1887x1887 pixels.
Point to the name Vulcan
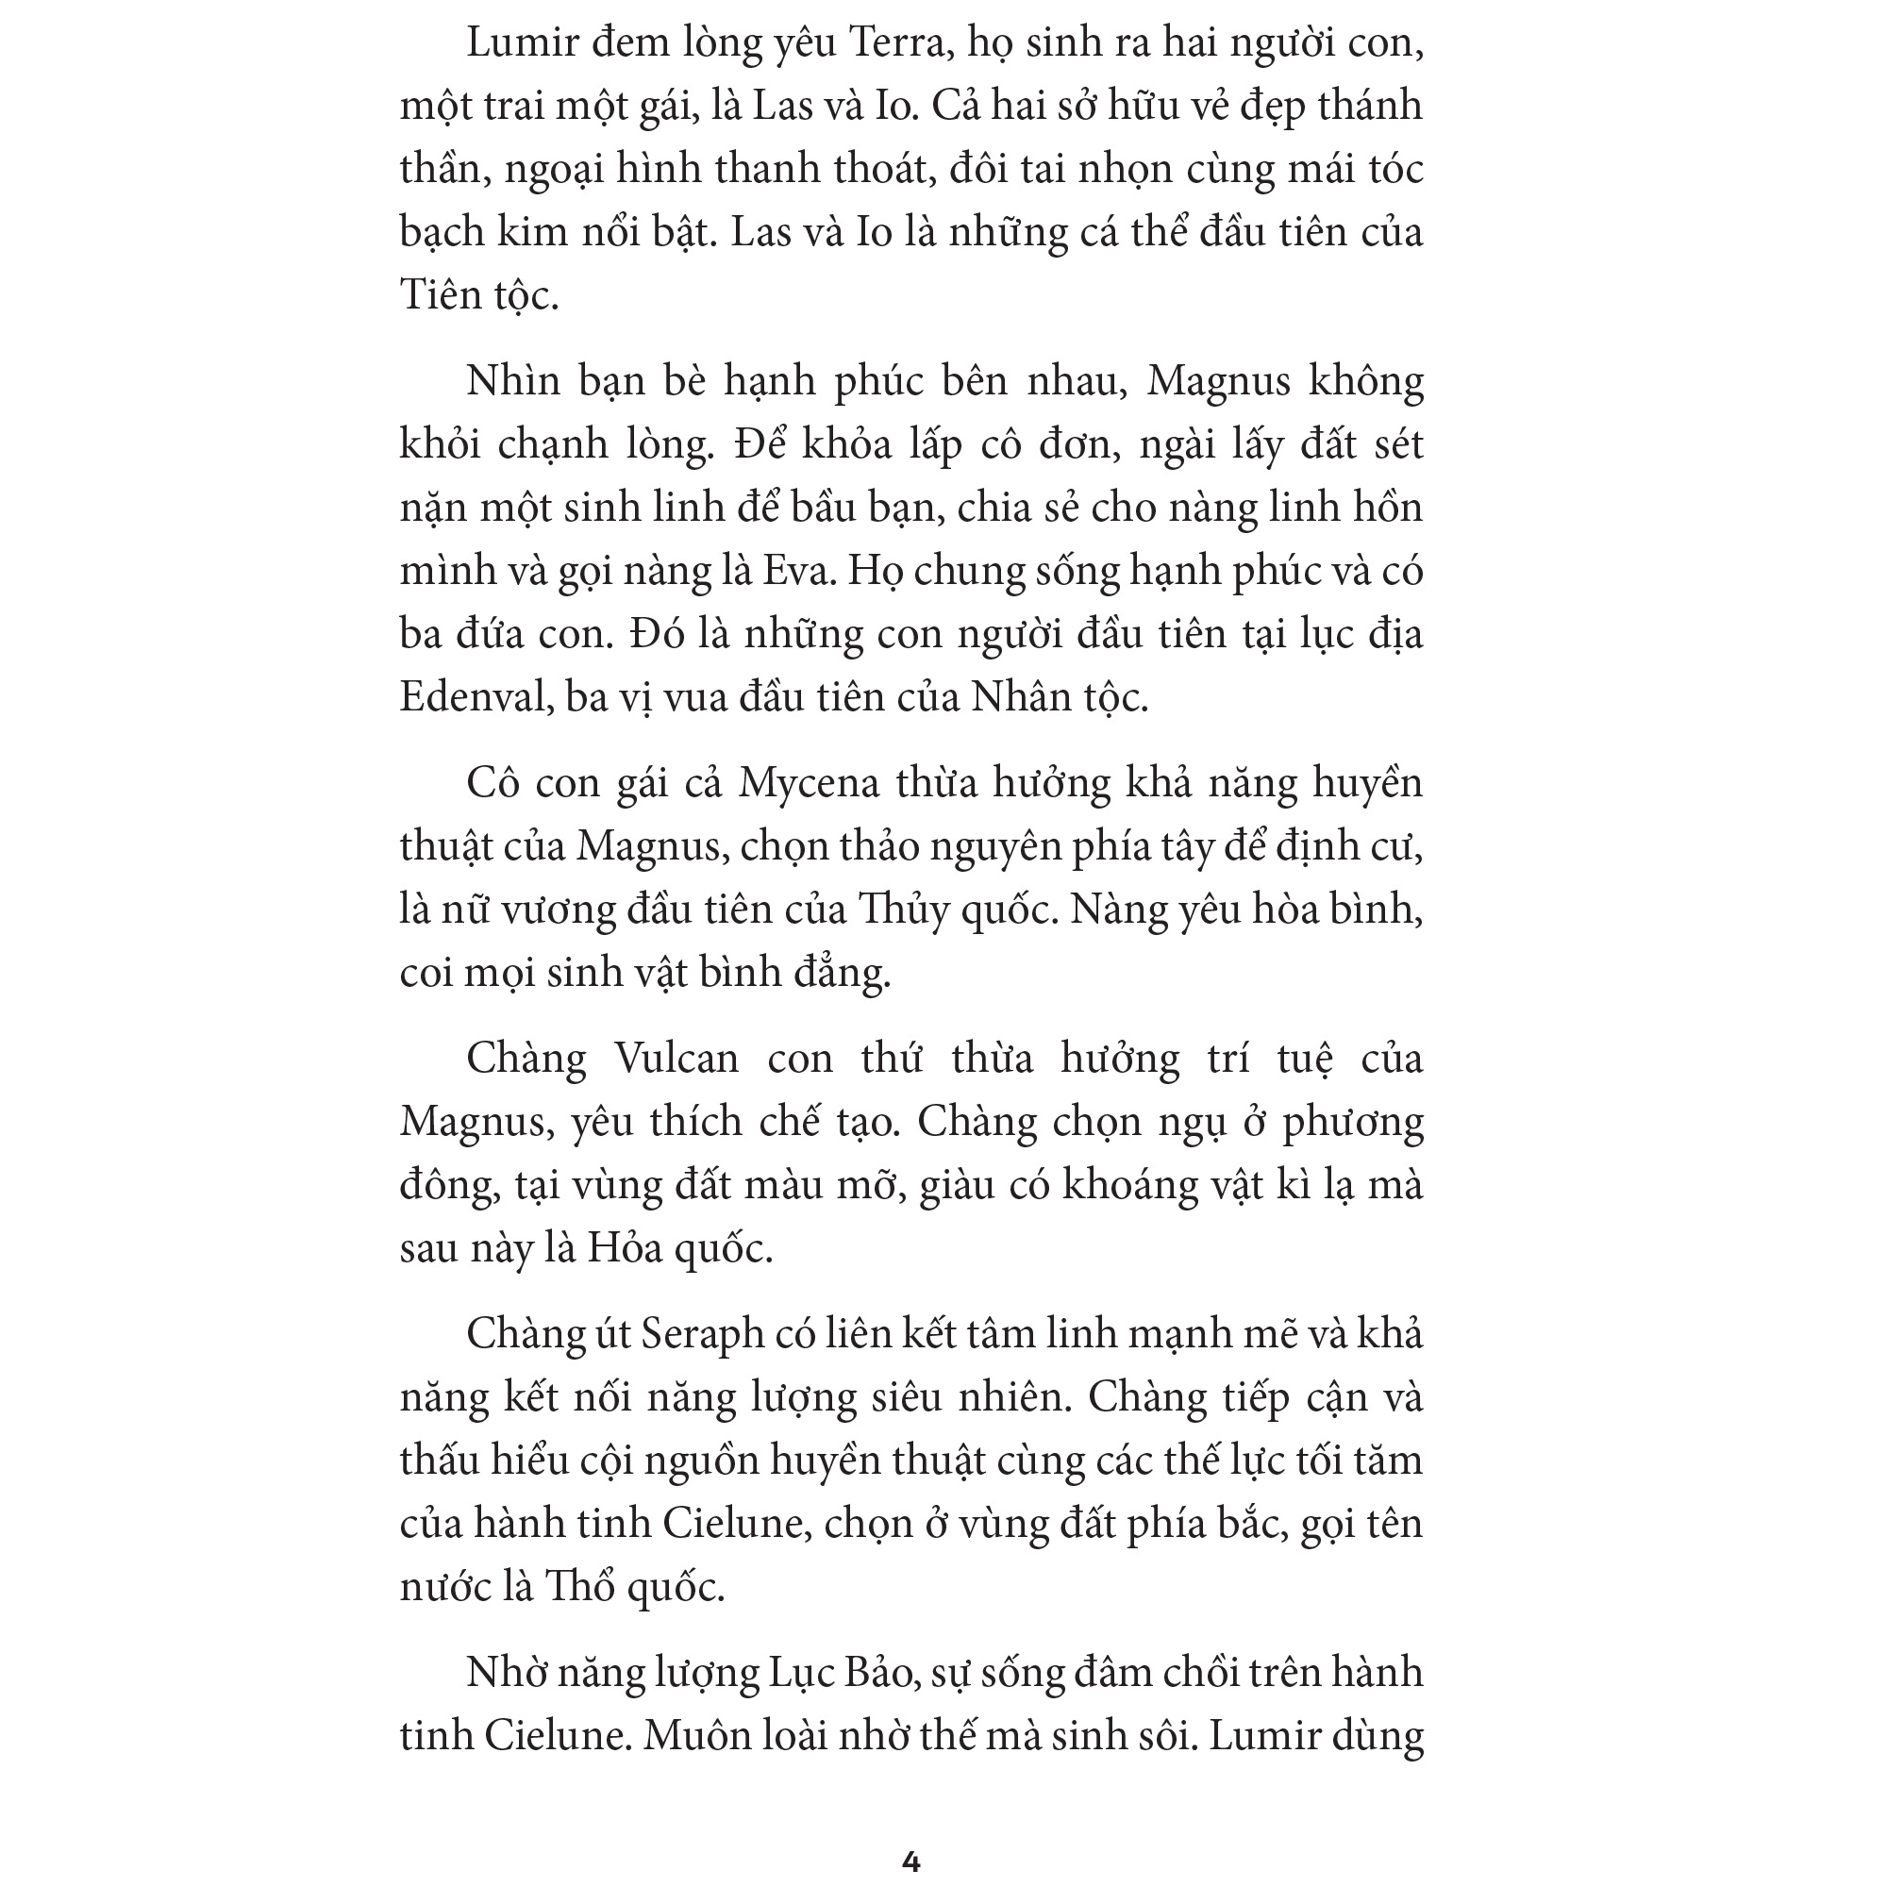(676, 1059)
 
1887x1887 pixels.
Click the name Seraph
(702, 1334)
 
